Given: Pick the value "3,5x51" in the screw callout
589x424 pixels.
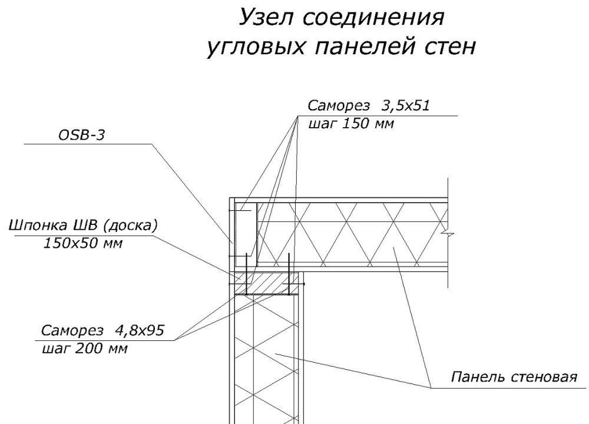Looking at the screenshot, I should pyautogui.click(x=406, y=106).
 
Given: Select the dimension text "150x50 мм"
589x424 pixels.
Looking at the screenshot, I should pyautogui.click(x=82, y=243).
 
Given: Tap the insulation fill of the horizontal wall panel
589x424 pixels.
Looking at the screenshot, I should pyautogui.click(x=353, y=236).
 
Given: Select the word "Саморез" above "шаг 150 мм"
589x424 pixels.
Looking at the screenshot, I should pyautogui.click(x=337, y=106).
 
